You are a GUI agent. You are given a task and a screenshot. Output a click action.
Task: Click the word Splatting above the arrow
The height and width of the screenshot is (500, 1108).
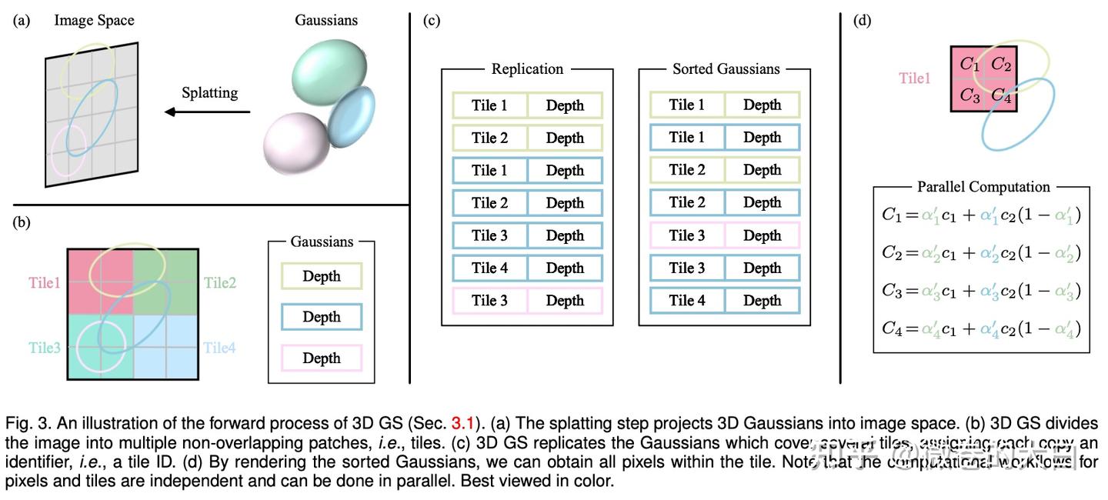click(x=209, y=93)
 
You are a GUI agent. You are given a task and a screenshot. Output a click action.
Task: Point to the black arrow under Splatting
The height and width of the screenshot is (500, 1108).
click(x=208, y=112)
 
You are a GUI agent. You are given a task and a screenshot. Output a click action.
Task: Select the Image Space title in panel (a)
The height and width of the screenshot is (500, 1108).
click(x=94, y=20)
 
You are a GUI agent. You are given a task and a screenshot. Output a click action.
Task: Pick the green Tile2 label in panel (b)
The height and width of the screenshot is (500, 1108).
click(x=220, y=283)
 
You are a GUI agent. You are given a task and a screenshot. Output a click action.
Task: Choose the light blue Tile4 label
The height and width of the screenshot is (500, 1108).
click(x=219, y=348)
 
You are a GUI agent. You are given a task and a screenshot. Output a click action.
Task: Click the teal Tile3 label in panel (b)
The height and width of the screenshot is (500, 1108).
click(x=45, y=348)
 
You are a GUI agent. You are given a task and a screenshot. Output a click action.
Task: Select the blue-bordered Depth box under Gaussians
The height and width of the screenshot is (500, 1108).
click(x=322, y=317)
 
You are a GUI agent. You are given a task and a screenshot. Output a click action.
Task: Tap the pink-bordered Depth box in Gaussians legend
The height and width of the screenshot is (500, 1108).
click(x=322, y=358)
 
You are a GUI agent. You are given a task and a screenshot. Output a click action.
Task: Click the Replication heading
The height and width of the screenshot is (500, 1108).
click(x=527, y=69)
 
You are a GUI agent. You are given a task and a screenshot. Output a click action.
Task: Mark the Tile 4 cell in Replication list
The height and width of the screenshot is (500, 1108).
click(x=489, y=268)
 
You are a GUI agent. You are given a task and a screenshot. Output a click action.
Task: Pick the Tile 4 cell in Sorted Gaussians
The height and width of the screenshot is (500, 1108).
click(x=686, y=301)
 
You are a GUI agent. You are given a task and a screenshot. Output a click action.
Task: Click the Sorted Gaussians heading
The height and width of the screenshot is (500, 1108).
click(x=726, y=69)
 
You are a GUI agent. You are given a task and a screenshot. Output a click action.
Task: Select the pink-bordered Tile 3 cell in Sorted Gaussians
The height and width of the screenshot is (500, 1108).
click(x=686, y=235)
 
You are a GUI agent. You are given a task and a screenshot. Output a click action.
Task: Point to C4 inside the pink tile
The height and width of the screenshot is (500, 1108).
click(x=1000, y=96)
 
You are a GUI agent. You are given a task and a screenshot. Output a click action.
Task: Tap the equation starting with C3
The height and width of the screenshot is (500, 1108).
click(x=981, y=292)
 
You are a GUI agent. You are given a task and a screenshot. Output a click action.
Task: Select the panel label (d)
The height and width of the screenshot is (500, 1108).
click(x=862, y=21)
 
